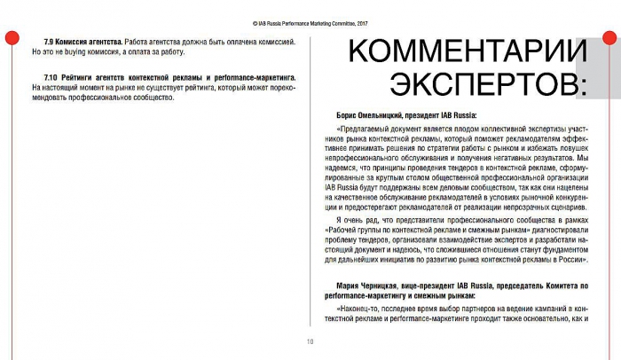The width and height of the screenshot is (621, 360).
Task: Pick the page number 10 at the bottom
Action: click(310, 342)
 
